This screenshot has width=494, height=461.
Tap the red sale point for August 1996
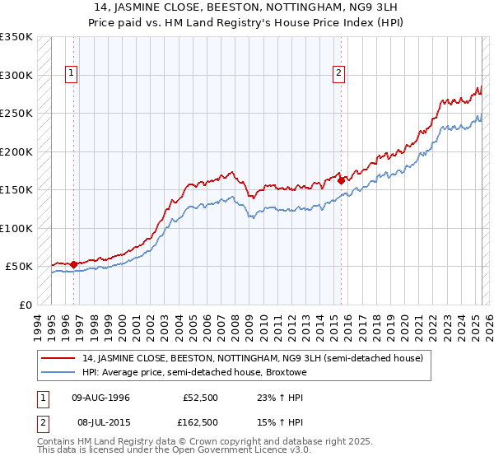(74, 264)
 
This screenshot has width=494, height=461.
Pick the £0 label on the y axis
(24, 305)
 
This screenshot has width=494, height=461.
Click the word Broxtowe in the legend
(285, 372)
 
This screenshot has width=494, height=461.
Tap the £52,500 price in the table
(202, 397)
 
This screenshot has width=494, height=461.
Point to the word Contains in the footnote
(58, 441)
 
